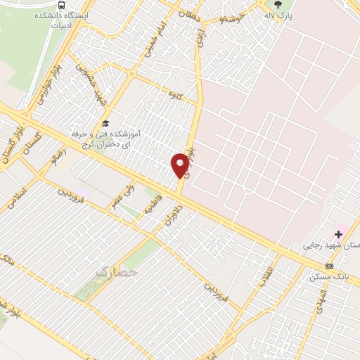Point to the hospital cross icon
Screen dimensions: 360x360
(x=338, y=233)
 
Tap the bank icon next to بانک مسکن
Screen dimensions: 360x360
(x=330, y=265)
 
